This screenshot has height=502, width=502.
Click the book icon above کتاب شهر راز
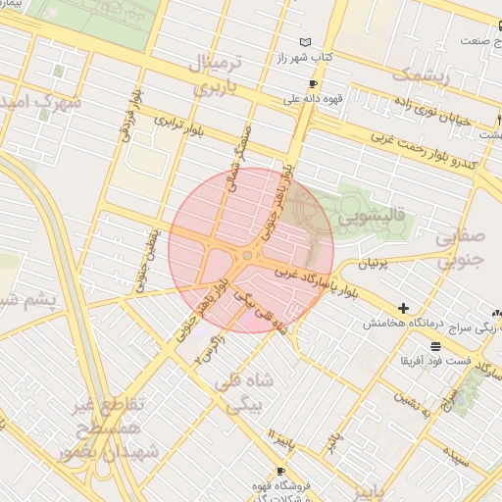[306, 42]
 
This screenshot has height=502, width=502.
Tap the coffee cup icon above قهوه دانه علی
[313, 84]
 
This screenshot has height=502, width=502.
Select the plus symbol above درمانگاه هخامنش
[403, 308]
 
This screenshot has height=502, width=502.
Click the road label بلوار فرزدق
[129, 118]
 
